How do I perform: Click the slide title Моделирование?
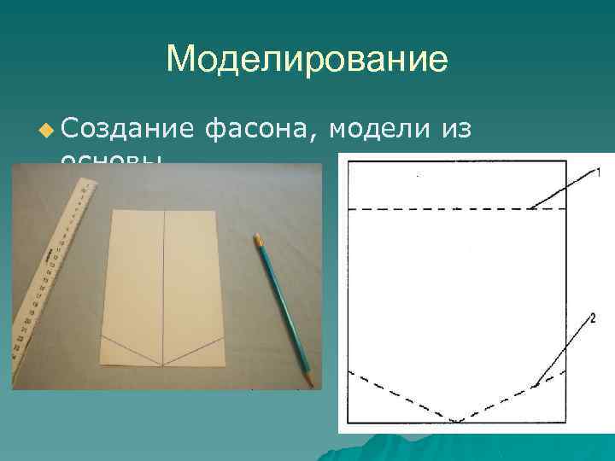tap(307, 60)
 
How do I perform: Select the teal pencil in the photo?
tap(283, 307)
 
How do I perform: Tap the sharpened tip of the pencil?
tap(310, 382)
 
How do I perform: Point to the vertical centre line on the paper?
tap(163, 282)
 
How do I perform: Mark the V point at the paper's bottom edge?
tap(163, 365)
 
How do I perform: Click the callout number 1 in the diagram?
tap(598, 173)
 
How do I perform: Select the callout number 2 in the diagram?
tap(591, 318)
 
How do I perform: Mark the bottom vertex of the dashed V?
tap(458, 421)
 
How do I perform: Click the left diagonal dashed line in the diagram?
tap(401, 396)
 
